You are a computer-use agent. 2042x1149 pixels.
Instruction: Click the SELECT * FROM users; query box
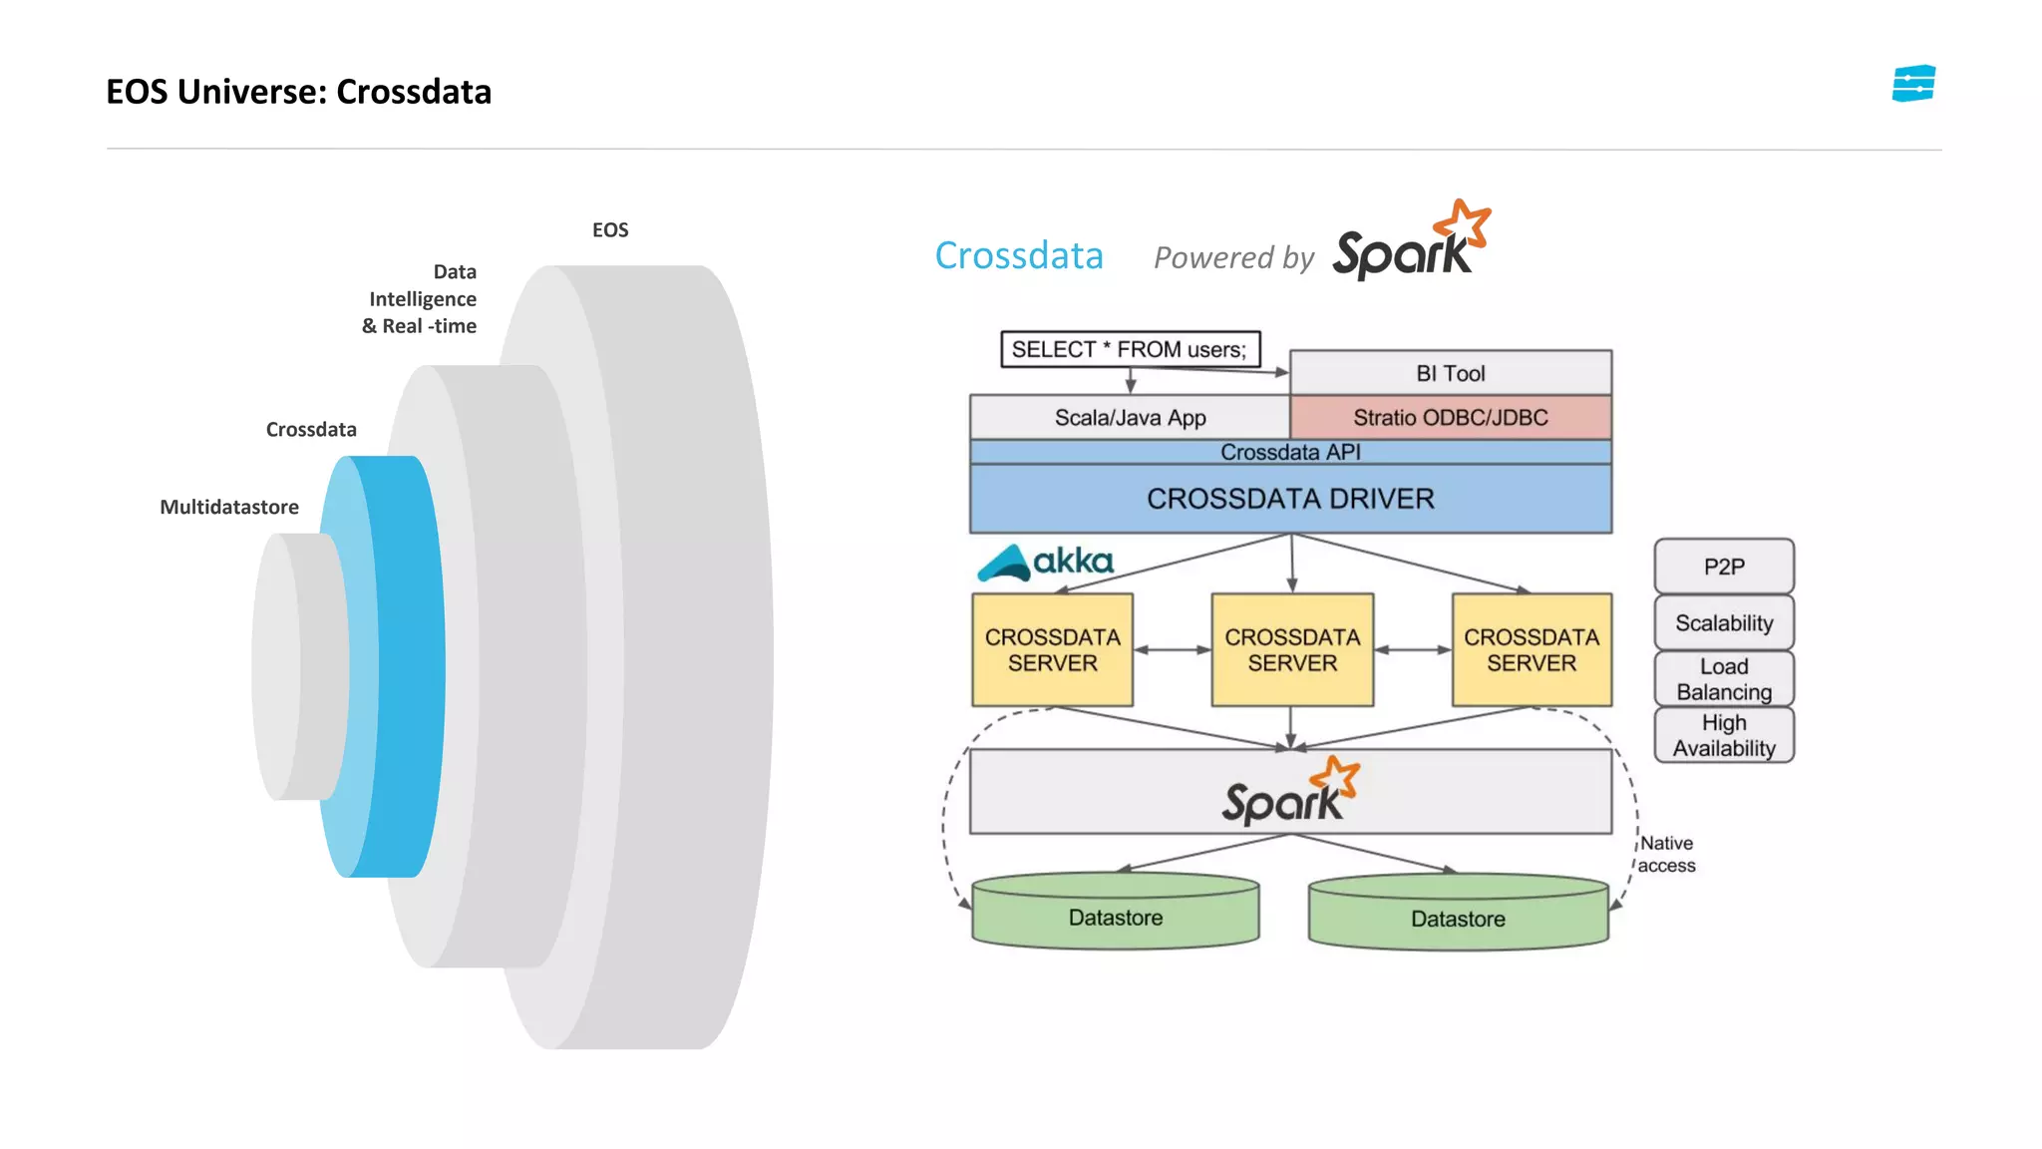pyautogui.click(x=1130, y=349)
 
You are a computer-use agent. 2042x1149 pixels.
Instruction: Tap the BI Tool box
pyautogui.click(x=1450, y=373)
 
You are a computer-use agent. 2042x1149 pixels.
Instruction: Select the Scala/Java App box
pyautogui.click(x=1130, y=417)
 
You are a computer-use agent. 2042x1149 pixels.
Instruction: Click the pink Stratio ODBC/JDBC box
pyautogui.click(x=1450, y=417)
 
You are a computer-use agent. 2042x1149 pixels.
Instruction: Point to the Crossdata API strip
pyautogui.click(x=1290, y=452)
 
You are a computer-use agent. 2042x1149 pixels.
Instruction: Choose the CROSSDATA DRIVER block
pyautogui.click(x=1290, y=498)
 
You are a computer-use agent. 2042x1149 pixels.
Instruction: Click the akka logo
pyautogui.click(x=1046, y=563)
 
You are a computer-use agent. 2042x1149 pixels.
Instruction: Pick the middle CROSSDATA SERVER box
pyautogui.click(x=1292, y=649)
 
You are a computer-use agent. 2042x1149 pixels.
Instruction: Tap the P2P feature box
pyautogui.click(x=1723, y=567)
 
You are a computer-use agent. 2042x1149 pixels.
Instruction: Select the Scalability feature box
pyautogui.click(x=1723, y=622)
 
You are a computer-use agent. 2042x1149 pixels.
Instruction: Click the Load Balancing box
pyautogui.click(x=1723, y=678)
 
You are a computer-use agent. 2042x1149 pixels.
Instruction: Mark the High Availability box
pyautogui.click(x=1723, y=735)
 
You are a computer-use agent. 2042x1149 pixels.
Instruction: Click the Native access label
pyautogui.click(x=1666, y=855)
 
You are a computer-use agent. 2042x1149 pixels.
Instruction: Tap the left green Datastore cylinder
pyautogui.click(x=1115, y=914)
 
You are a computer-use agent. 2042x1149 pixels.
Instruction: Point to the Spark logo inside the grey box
pyautogui.click(x=1290, y=792)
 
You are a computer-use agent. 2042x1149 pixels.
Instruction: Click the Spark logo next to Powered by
pyautogui.click(x=1410, y=242)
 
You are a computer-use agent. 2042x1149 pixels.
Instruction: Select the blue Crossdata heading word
pyautogui.click(x=1018, y=256)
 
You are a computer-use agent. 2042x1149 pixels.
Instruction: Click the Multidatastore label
pyautogui.click(x=229, y=507)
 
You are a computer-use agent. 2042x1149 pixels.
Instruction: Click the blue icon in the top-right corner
pyautogui.click(x=1912, y=84)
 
